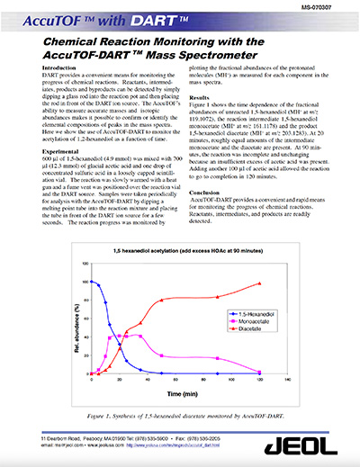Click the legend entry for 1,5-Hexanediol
279,313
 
